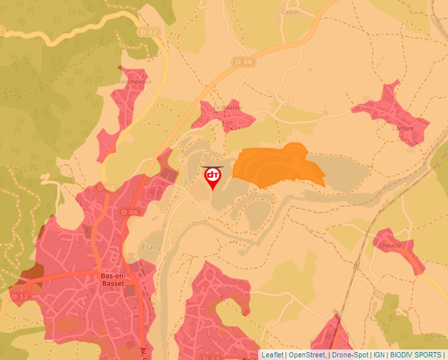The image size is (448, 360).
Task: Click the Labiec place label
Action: point(290,12)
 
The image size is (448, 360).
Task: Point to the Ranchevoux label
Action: point(134,82)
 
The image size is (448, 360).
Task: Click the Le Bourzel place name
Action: point(227,107)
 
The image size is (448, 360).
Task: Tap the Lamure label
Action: point(403,128)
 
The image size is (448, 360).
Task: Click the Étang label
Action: point(151,248)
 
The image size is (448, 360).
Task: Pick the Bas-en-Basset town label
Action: point(109,280)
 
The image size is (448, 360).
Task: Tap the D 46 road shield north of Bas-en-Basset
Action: point(130,212)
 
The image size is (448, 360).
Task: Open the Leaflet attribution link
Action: point(272,355)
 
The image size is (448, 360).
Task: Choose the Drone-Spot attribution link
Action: point(349,355)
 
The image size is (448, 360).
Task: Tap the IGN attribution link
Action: point(379,355)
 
